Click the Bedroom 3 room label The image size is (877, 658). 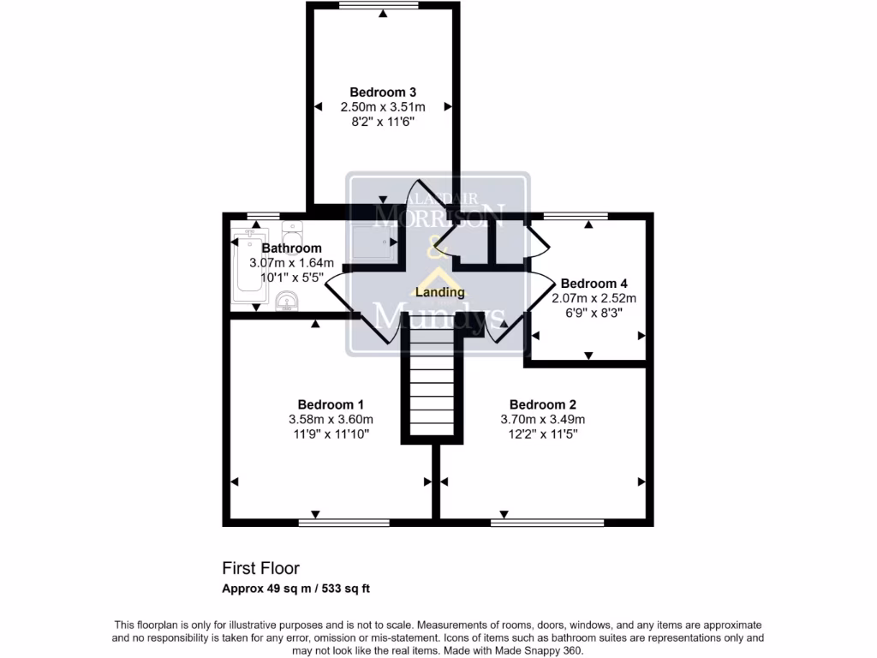(x=383, y=92)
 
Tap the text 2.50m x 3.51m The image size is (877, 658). (x=383, y=107)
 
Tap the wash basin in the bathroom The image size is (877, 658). (x=288, y=300)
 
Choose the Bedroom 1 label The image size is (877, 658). (x=331, y=404)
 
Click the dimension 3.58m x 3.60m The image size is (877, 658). (x=331, y=419)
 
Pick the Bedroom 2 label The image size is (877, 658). (x=542, y=404)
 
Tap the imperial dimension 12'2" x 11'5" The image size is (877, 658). (x=542, y=434)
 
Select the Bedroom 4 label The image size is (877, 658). (x=594, y=284)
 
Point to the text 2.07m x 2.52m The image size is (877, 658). (x=594, y=298)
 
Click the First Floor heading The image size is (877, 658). (x=261, y=568)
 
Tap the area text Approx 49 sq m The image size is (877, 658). (x=257, y=589)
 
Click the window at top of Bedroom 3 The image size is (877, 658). (x=379, y=6)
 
